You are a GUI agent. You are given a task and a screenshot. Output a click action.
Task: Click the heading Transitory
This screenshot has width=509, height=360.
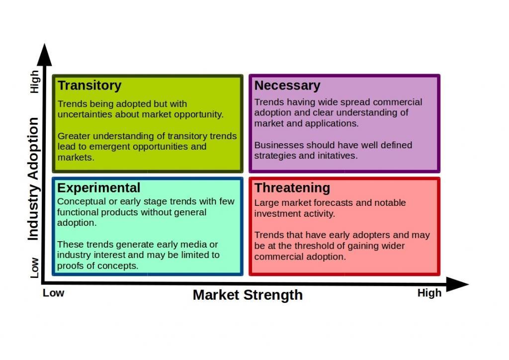pos(89,86)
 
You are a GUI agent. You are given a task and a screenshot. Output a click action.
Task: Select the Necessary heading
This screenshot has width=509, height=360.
pos(287,86)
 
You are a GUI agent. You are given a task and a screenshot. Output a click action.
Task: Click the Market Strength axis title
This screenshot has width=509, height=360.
pos(248,295)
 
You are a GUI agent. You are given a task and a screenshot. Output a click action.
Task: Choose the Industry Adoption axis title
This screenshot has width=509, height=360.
pos(33,179)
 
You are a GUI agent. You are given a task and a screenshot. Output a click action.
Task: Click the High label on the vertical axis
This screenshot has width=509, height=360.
pos(34,82)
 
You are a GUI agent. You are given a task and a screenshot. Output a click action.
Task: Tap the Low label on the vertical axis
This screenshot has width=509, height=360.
pos(34,268)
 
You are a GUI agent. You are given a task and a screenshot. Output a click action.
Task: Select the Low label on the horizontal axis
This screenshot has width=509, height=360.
pos(54,293)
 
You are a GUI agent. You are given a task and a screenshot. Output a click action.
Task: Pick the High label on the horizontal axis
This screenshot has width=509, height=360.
pos(429,293)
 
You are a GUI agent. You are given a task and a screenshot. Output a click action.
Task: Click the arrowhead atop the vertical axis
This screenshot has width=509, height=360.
pos(44,55)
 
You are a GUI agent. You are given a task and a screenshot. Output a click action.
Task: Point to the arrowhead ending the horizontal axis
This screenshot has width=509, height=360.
pos(458,284)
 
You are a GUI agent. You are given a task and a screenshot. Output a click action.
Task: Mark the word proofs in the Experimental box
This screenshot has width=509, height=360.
pos(68,266)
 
